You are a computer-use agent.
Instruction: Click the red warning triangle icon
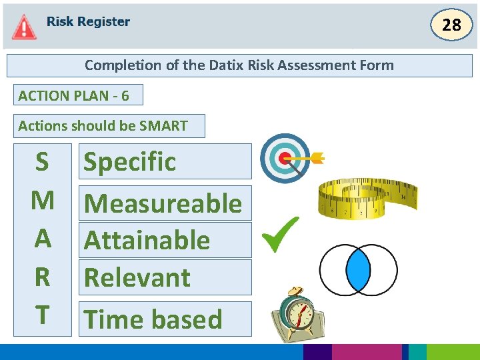24,27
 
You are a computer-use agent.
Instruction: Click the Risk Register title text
88,22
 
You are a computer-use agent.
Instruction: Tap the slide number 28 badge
451,25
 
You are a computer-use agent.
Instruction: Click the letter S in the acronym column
42,161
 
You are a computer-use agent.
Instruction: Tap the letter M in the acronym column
43,199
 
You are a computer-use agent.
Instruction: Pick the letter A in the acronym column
43,238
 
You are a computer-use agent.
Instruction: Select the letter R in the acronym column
42,277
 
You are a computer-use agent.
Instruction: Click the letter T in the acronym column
42,315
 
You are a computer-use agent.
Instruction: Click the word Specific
130,161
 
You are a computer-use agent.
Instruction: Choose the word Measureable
164,203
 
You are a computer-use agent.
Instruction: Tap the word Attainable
147,240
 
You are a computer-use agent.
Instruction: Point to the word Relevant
138,277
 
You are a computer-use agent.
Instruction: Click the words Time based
153,319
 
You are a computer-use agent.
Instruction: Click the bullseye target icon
285,158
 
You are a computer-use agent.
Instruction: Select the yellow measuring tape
367,200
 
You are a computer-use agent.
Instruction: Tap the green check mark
279,235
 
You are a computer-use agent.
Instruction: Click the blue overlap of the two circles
358,270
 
